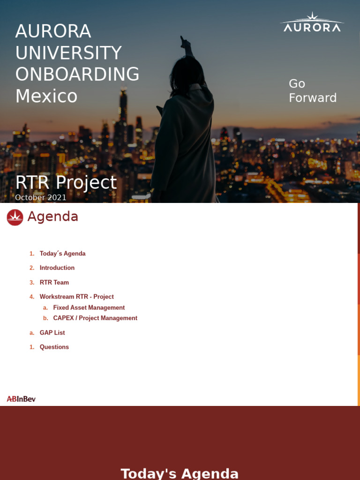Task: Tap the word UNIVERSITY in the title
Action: pyautogui.click(x=68, y=53)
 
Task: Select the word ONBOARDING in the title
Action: pyautogui.click(x=77, y=75)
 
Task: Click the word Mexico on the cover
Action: pyautogui.click(x=46, y=96)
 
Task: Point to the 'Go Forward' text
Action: pyautogui.click(x=312, y=90)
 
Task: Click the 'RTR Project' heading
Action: pyautogui.click(x=66, y=182)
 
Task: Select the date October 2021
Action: pyautogui.click(x=41, y=197)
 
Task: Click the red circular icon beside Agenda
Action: pyautogui.click(x=15, y=217)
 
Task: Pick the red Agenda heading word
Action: pyautogui.click(x=52, y=217)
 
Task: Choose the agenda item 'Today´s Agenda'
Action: pyautogui.click(x=62, y=254)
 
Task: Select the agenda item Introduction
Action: pyautogui.click(x=57, y=268)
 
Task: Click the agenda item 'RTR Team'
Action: pyautogui.click(x=54, y=283)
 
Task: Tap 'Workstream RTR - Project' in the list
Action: pyautogui.click(x=77, y=297)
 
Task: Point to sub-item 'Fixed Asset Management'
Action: pyautogui.click(x=89, y=308)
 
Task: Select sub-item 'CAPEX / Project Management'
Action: pyautogui.click(x=95, y=318)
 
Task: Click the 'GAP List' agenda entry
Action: pyautogui.click(x=52, y=333)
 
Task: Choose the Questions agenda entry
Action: pyautogui.click(x=54, y=347)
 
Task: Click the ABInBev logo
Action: pyautogui.click(x=21, y=399)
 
